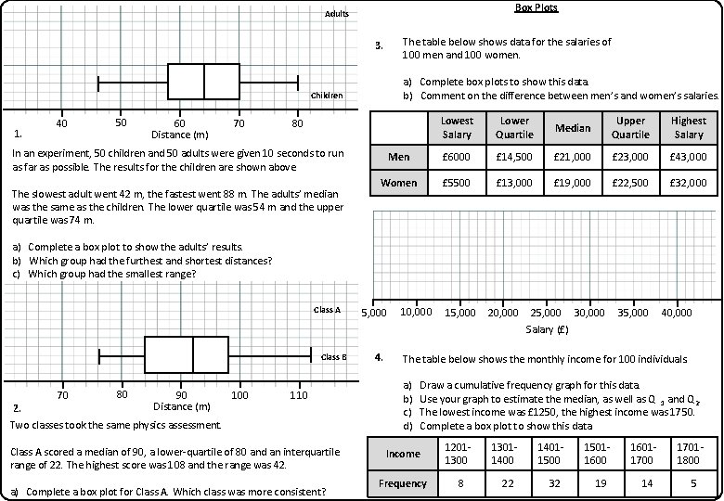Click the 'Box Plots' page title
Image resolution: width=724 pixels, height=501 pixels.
(537, 7)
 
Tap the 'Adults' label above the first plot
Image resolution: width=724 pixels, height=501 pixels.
(336, 15)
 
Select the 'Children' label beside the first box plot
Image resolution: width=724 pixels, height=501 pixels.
(326, 96)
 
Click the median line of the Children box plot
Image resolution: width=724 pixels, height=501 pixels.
(204, 82)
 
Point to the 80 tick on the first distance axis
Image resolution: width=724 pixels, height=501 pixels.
(297, 123)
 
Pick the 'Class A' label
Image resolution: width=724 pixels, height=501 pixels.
(327, 310)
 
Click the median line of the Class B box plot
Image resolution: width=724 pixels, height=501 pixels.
(192, 354)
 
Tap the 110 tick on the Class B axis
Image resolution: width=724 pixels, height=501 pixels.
(299, 395)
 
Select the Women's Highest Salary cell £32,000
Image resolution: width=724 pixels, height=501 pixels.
(688, 183)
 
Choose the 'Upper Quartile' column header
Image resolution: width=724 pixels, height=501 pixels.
(630, 128)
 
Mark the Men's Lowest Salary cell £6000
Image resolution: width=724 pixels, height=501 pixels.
(458, 157)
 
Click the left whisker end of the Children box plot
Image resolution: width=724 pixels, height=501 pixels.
(98, 82)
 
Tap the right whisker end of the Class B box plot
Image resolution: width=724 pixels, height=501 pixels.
(311, 354)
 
